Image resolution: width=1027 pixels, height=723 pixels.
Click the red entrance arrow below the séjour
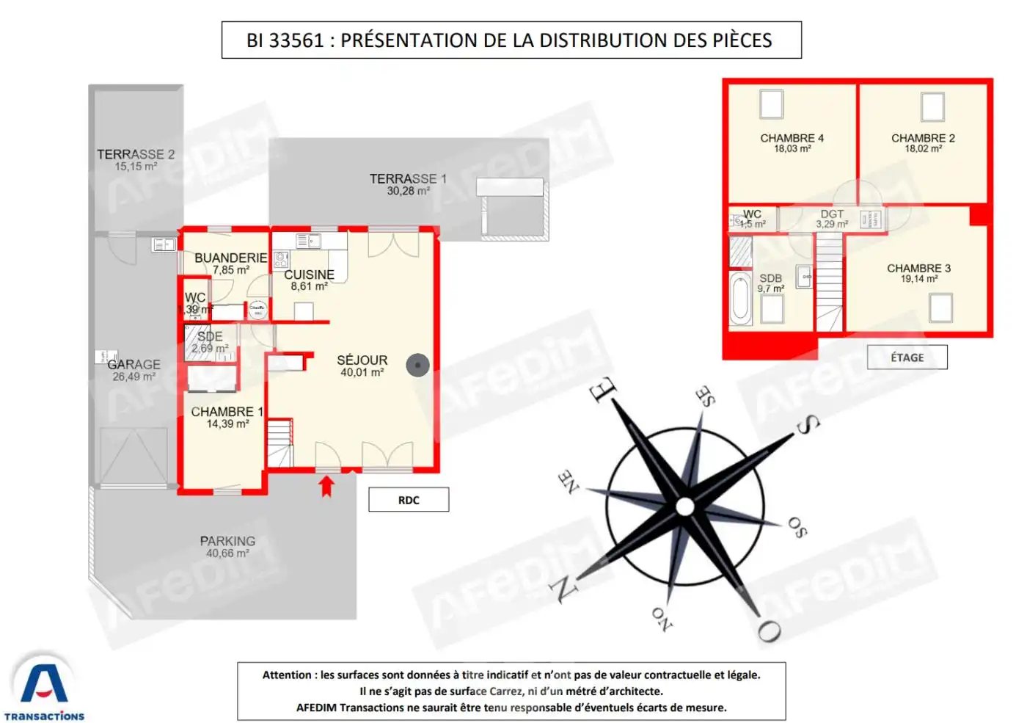click(326, 486)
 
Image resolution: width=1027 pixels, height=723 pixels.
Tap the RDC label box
click(409, 500)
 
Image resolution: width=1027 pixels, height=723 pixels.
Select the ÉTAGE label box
click(907, 357)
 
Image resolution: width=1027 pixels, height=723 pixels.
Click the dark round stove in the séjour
click(417, 365)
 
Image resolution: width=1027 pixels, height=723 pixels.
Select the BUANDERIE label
click(230, 258)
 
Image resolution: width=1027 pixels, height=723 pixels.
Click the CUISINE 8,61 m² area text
click(309, 286)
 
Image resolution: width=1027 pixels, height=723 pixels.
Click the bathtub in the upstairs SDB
click(740, 299)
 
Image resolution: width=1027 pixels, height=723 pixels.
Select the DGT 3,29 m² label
click(832, 219)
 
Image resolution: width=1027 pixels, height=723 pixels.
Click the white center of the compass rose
click(684, 506)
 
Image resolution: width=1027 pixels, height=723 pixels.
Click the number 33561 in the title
click(296, 40)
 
